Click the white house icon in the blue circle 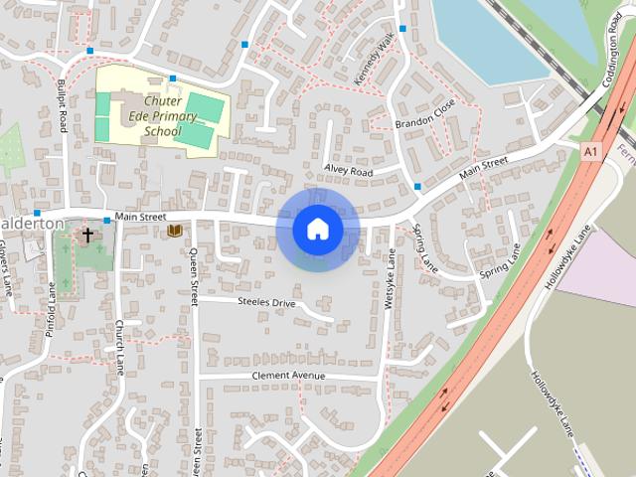(x=317, y=230)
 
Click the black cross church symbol (x=87, y=236)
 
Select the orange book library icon (x=175, y=231)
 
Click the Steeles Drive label (x=266, y=301)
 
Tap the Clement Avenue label (x=288, y=376)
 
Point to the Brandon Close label (x=424, y=114)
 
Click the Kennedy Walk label (x=374, y=58)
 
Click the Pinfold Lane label (x=51, y=309)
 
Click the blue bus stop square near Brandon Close (x=417, y=186)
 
